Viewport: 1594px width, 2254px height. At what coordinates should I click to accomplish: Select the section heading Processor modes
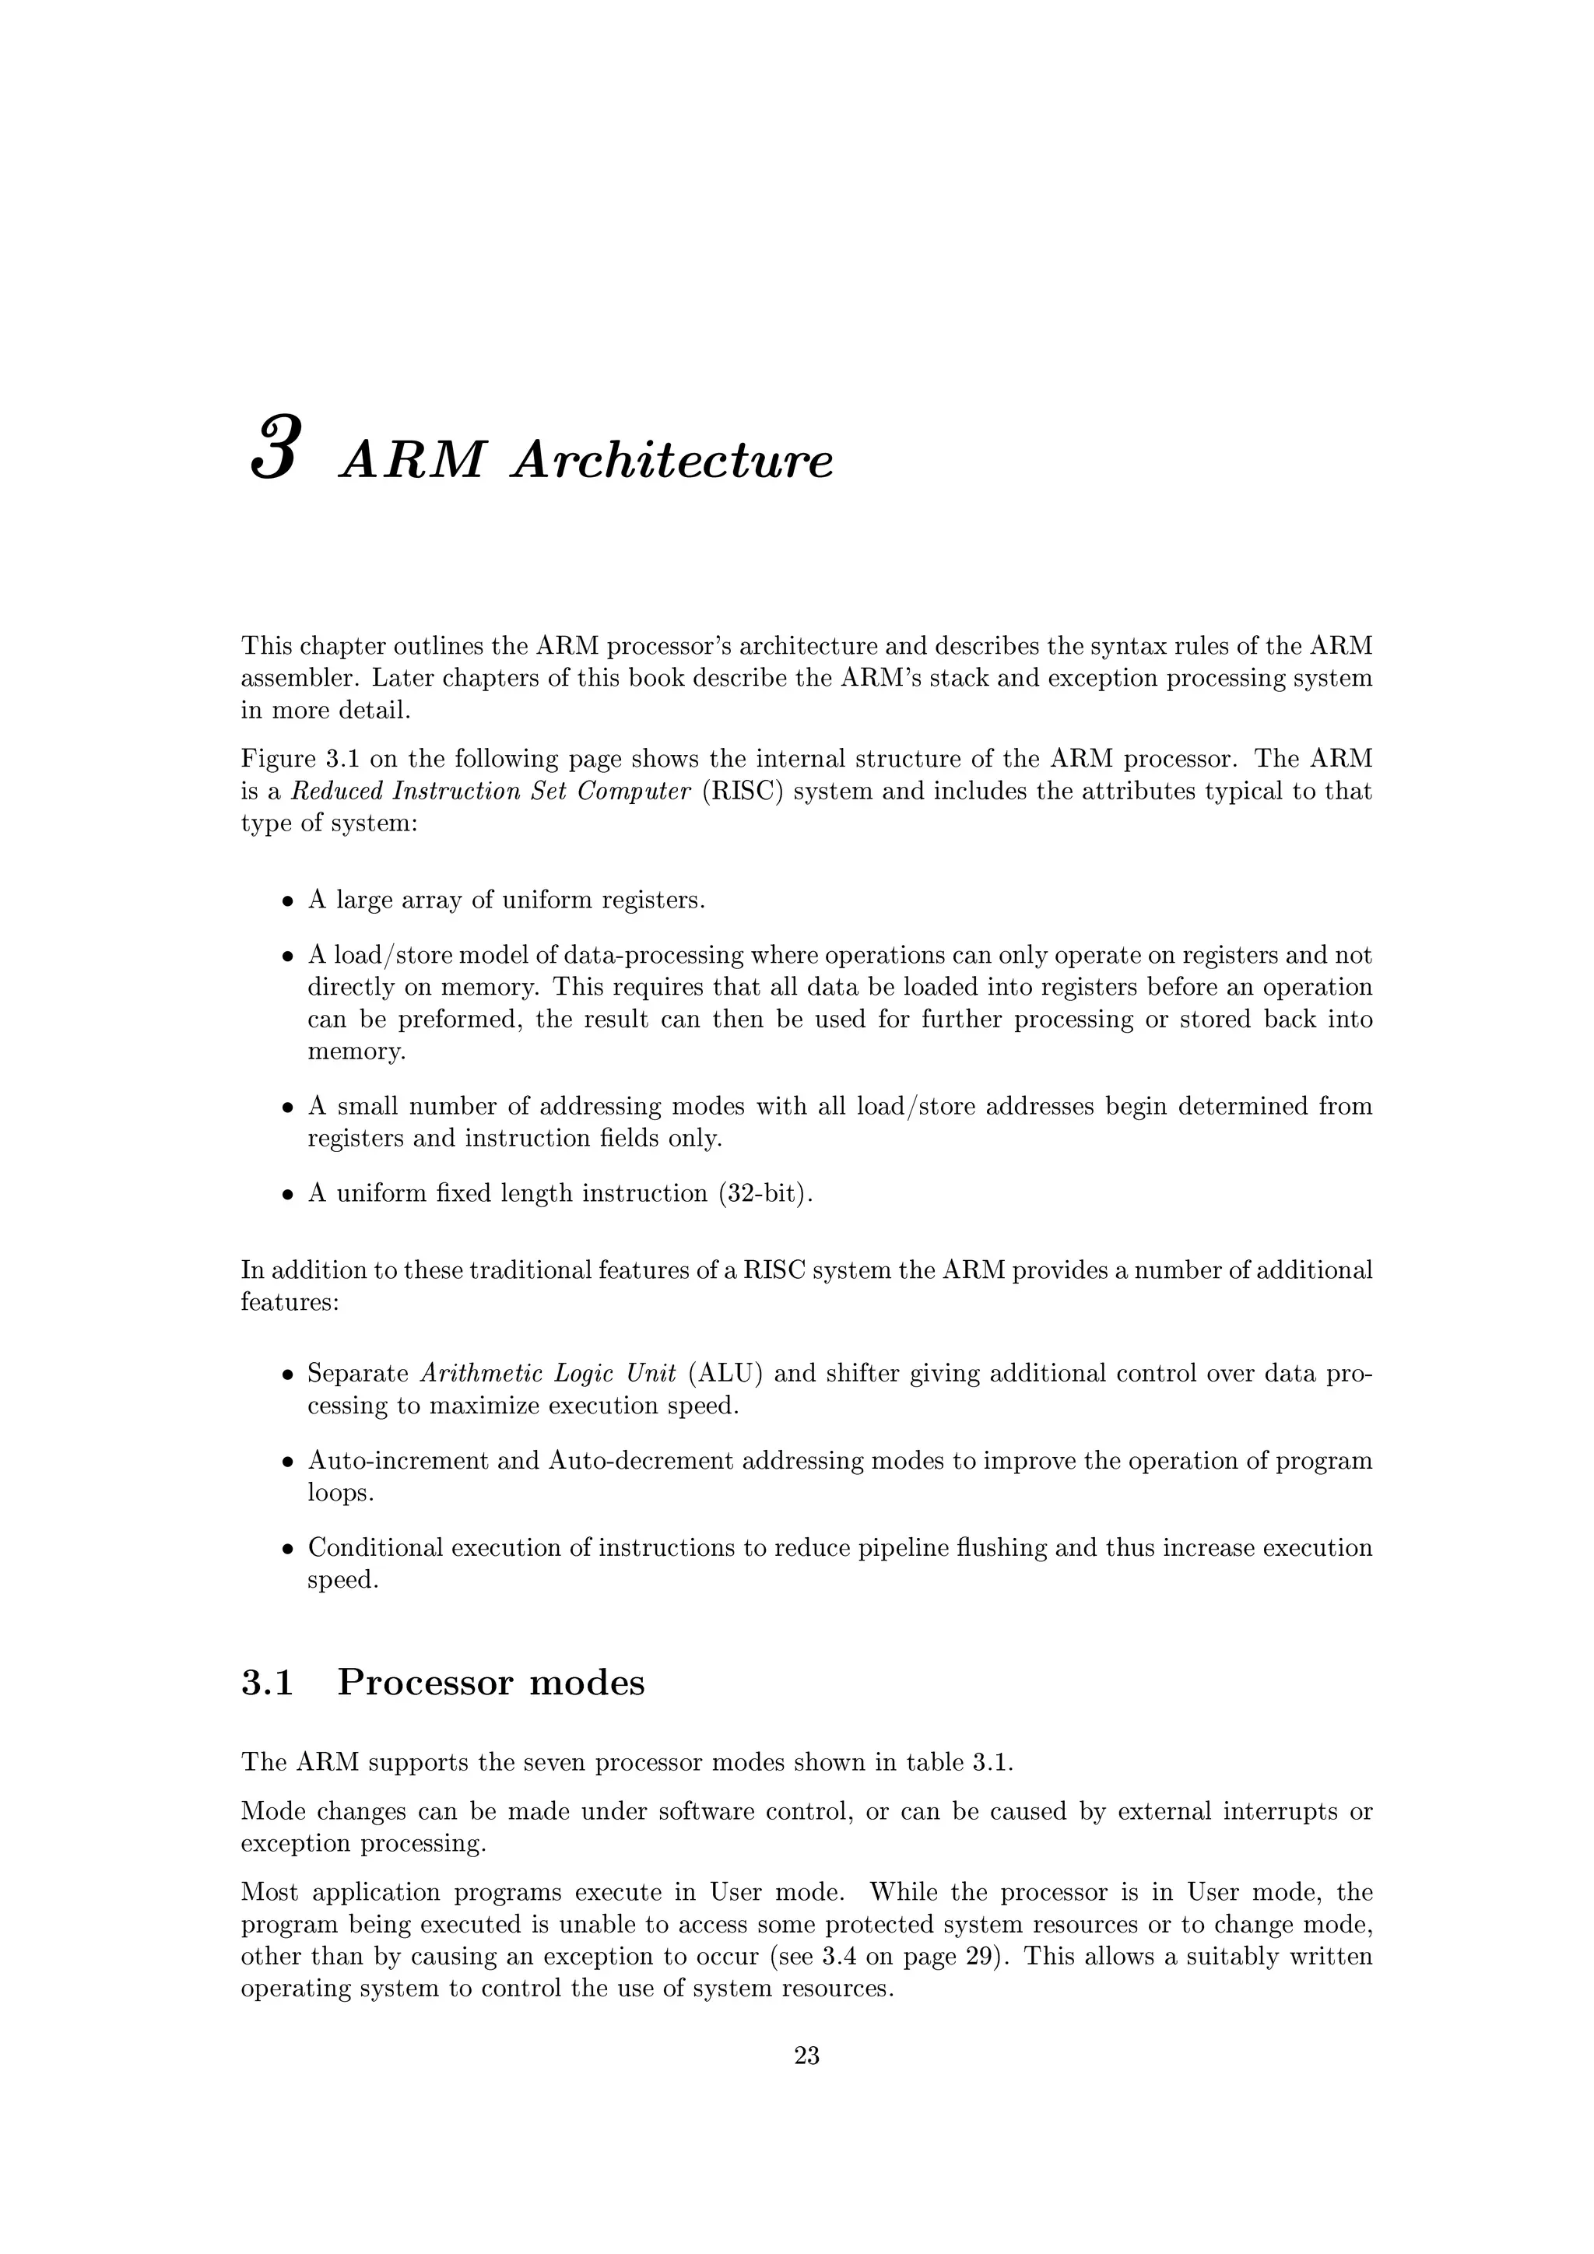click(491, 1683)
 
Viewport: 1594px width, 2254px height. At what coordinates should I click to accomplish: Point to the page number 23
click(807, 2055)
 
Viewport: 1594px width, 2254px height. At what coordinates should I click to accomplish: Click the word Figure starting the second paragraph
click(276, 759)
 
